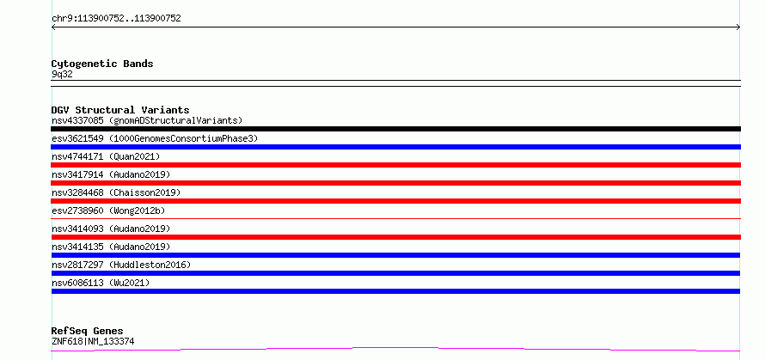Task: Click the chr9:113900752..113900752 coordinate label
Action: tap(116, 19)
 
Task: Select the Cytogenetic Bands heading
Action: tap(102, 64)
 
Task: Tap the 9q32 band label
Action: tap(62, 75)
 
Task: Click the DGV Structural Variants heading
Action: tap(120, 110)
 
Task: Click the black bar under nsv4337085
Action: tap(395, 129)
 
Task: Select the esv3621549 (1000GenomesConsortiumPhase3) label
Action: tap(155, 138)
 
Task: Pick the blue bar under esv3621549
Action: tap(395, 147)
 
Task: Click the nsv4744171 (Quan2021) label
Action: tap(106, 156)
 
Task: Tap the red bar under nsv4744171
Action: tap(395, 165)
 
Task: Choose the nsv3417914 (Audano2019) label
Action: tap(111, 174)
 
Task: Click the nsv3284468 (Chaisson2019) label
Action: tap(116, 192)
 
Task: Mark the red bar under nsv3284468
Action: tap(395, 201)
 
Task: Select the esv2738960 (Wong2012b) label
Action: tap(108, 211)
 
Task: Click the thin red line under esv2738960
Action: tap(395, 218)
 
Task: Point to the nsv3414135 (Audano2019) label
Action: tap(111, 247)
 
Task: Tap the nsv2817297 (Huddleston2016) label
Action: tap(121, 265)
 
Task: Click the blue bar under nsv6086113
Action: tap(395, 291)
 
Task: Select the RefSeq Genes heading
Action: tap(87, 332)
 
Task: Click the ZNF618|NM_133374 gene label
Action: tap(93, 342)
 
